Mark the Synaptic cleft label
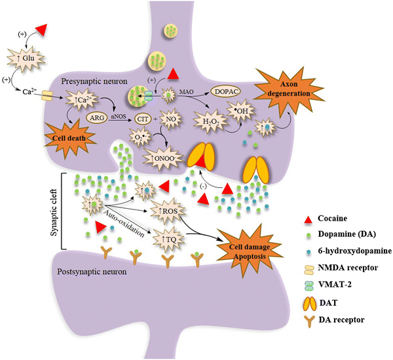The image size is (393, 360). coord(56,211)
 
